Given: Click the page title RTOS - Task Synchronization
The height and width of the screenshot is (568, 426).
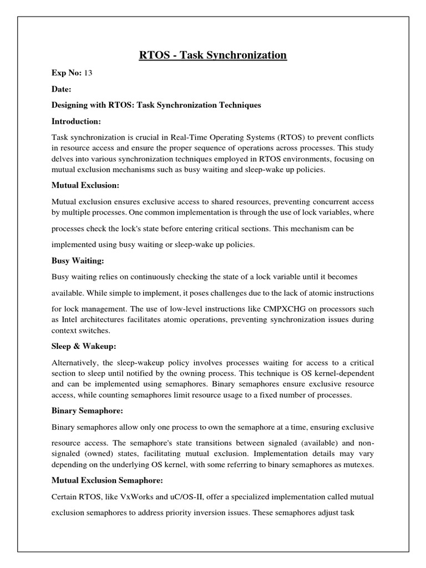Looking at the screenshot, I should (x=213, y=55).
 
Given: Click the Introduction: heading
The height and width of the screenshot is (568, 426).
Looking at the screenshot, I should (x=77, y=121).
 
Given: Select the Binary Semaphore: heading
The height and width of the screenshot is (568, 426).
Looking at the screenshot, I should (x=86, y=411).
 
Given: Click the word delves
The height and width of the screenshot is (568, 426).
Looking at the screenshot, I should (x=64, y=159).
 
